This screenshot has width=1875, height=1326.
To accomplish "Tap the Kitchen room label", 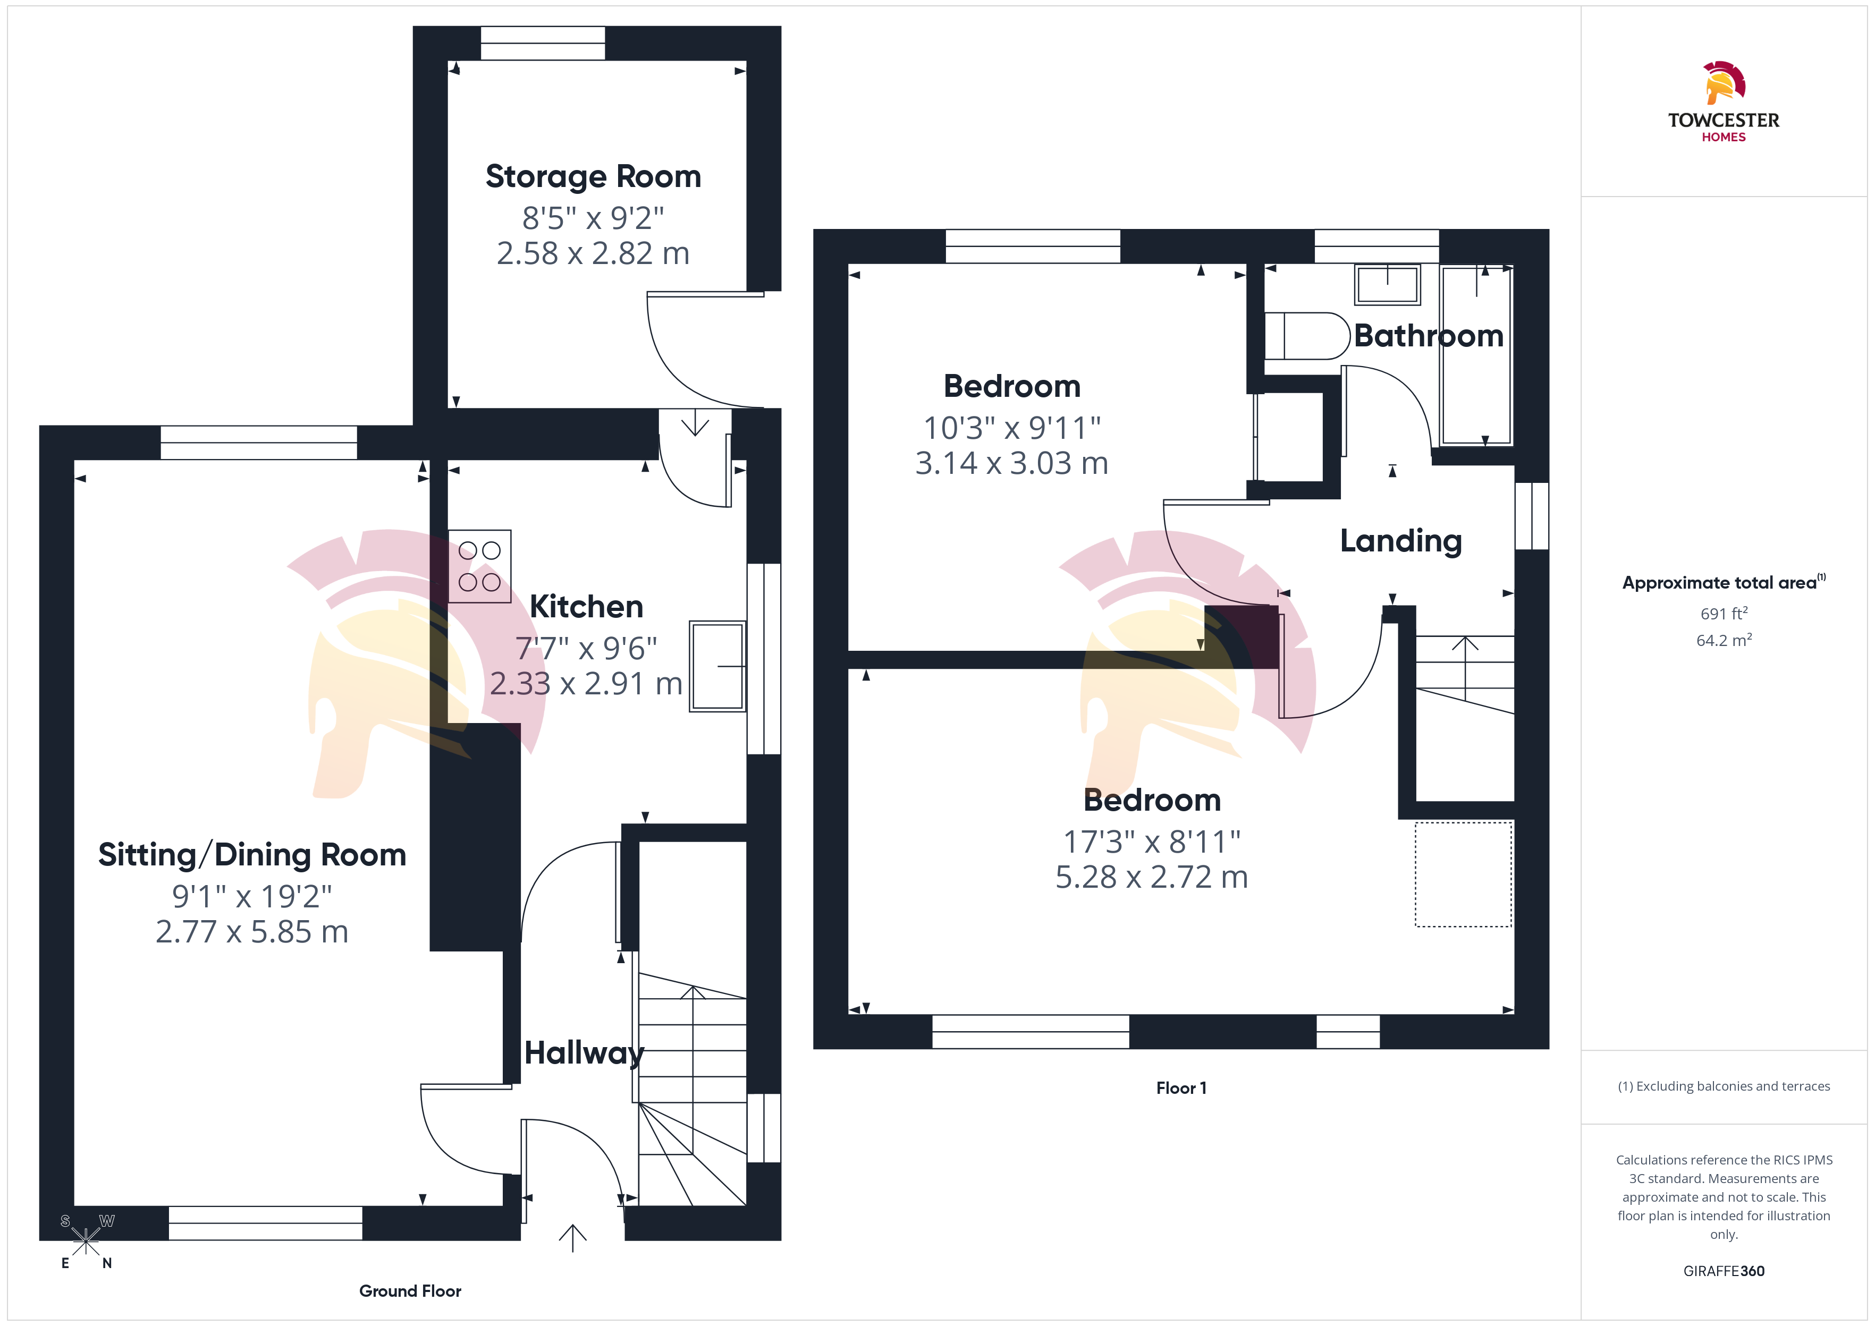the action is pyautogui.click(x=586, y=607).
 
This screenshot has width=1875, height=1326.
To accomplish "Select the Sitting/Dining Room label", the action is pyautogui.click(x=252, y=855).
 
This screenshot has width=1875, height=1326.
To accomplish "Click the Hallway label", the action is pyautogui.click(x=584, y=1053).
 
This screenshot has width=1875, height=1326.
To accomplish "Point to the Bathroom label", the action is pyautogui.click(x=1428, y=336).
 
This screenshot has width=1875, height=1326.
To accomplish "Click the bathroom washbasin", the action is pyautogui.click(x=1388, y=284).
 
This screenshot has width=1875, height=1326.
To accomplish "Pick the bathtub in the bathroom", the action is pyautogui.click(x=1476, y=355).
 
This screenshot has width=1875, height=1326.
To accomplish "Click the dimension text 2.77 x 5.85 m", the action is pyautogui.click(x=252, y=932).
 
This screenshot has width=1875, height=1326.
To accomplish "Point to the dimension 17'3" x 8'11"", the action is pyautogui.click(x=1152, y=842).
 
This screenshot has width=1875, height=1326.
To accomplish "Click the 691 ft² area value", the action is pyautogui.click(x=1724, y=613).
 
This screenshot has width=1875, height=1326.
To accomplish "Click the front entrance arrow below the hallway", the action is pyautogui.click(x=572, y=1238).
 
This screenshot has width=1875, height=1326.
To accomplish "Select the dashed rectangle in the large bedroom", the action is pyautogui.click(x=1464, y=874).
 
